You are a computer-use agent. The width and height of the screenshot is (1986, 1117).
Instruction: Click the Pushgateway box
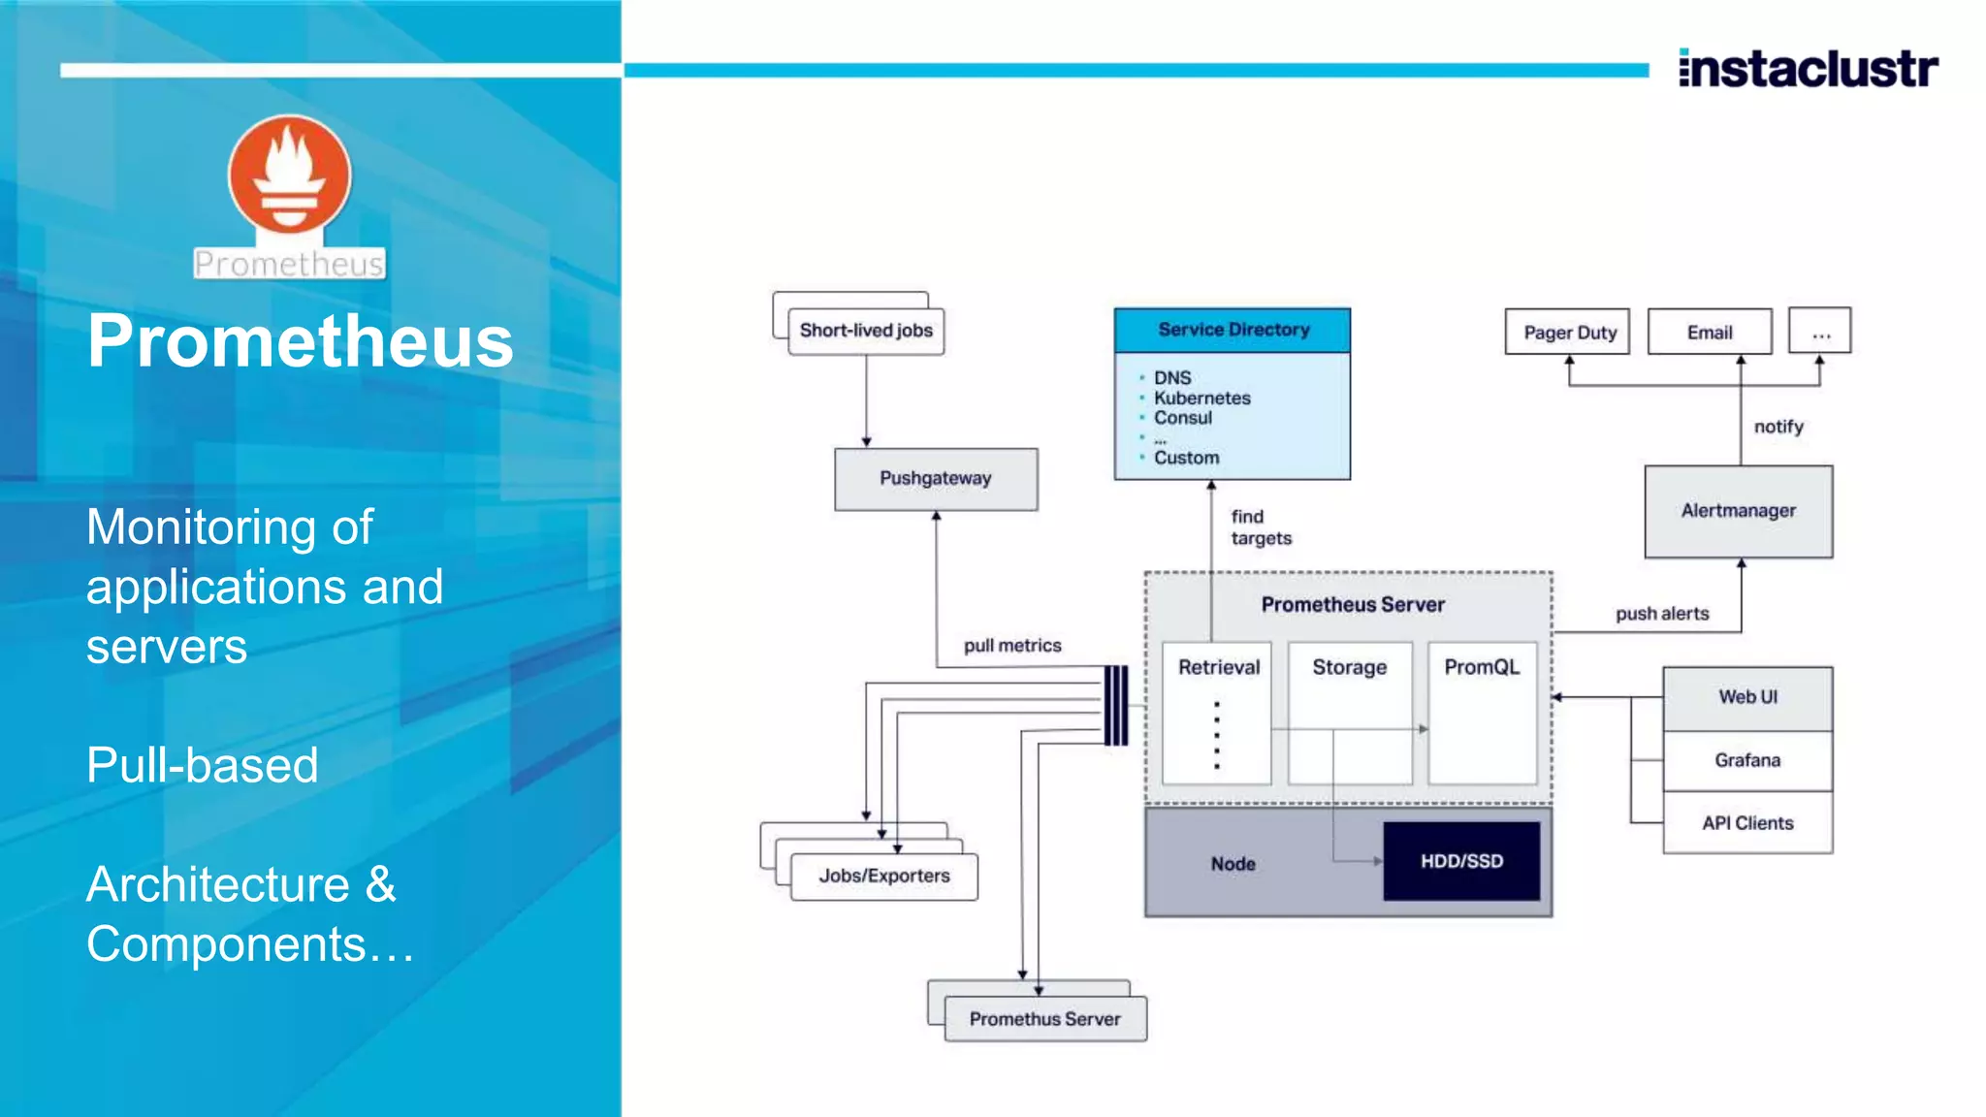(x=936, y=479)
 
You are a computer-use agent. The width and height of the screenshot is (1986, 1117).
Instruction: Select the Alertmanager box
(x=1738, y=511)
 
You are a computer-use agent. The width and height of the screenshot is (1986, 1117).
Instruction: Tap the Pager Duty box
(x=1568, y=333)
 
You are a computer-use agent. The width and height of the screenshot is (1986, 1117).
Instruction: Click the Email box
(x=1709, y=333)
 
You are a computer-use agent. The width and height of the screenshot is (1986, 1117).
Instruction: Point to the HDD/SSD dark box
(x=1461, y=861)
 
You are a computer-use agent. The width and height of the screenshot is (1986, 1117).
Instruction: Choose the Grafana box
(x=1747, y=760)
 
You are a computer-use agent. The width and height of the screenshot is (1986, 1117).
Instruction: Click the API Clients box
(x=1747, y=823)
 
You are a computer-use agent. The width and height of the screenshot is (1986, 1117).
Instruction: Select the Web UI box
(x=1747, y=697)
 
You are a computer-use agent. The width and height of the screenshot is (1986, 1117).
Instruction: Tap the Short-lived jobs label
(x=866, y=331)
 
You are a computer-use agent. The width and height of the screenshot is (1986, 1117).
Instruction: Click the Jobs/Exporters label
(x=884, y=876)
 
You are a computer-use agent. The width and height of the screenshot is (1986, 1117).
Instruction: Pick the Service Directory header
(x=1233, y=330)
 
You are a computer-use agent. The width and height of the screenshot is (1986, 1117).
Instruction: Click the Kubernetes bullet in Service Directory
(x=1201, y=399)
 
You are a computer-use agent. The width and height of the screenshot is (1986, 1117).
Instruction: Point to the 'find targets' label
(x=1260, y=527)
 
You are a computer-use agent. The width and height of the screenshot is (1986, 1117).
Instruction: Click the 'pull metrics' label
(x=1012, y=646)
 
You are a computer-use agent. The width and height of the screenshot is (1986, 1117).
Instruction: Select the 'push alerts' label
(x=1662, y=614)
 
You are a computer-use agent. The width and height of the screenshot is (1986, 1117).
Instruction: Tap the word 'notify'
(x=1778, y=427)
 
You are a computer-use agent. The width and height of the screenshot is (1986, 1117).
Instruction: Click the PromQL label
(x=1481, y=667)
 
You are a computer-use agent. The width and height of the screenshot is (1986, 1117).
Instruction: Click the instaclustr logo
(x=1808, y=69)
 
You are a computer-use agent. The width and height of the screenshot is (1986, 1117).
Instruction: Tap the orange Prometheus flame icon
(x=289, y=176)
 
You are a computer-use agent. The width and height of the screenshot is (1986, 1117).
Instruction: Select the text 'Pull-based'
(x=202, y=765)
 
